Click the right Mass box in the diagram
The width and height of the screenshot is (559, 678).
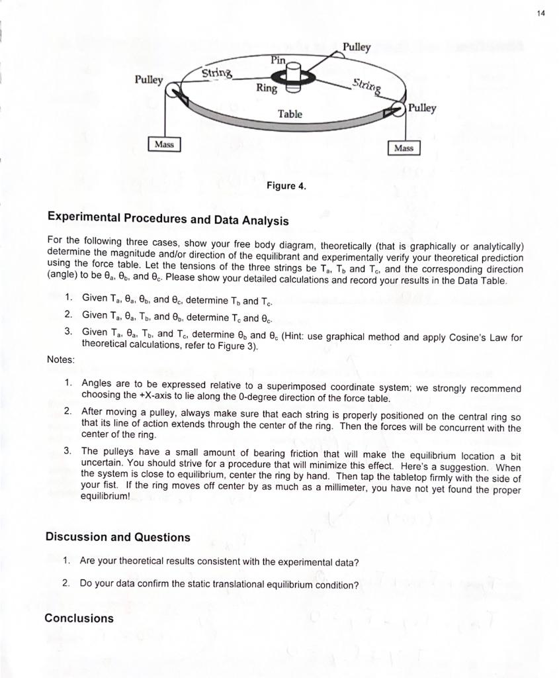coord(404,148)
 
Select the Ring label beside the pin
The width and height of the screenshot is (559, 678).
coord(267,88)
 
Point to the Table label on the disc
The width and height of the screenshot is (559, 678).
coord(290,114)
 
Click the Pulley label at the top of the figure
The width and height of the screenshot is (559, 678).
coord(357,47)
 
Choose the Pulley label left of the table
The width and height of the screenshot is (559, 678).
coord(149,79)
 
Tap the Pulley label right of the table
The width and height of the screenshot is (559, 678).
coord(422,107)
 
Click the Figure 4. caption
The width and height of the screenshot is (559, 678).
coord(286,186)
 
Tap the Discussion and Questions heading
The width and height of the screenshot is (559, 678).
coord(118,537)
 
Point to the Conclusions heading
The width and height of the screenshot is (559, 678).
coord(79,618)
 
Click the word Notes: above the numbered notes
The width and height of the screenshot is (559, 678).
coord(61,359)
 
